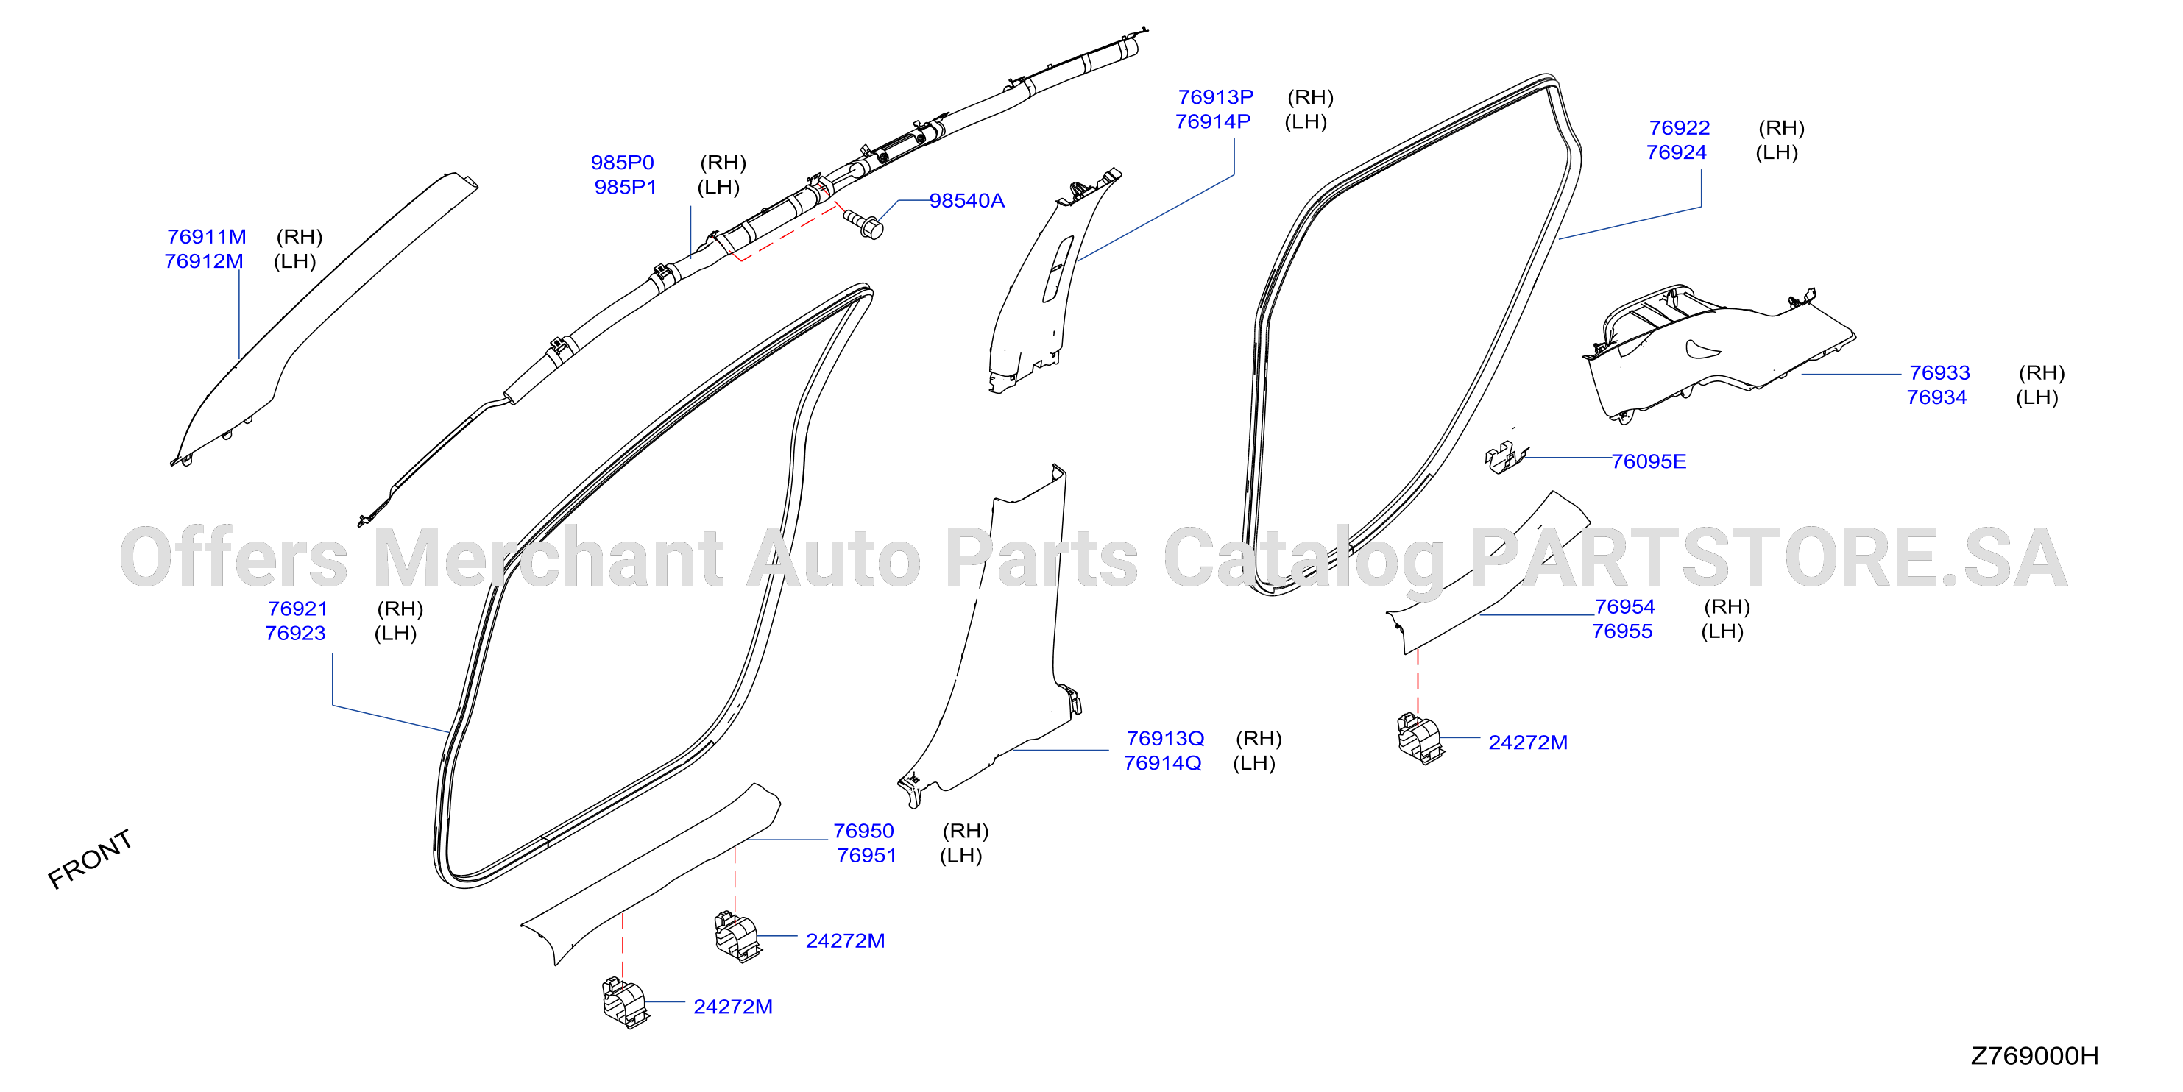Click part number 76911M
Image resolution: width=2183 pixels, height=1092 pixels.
click(206, 236)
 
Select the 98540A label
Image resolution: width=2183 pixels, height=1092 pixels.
click(967, 201)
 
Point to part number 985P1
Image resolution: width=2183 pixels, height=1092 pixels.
click(626, 186)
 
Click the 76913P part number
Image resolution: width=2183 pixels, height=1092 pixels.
click(1215, 96)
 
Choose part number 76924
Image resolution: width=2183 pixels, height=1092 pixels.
click(1676, 152)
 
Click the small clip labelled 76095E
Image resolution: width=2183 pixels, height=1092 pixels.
click(1506, 458)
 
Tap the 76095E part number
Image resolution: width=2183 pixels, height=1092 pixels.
click(1648, 461)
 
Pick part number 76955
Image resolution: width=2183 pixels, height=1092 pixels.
click(1622, 631)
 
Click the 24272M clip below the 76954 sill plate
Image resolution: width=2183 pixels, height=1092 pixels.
click(1420, 738)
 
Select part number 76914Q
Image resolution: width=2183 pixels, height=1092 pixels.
click(1163, 763)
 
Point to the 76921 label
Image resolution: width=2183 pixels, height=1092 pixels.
click(297, 609)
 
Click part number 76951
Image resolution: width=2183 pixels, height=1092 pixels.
click(866, 856)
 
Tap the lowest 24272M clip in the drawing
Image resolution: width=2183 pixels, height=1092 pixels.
click(625, 1002)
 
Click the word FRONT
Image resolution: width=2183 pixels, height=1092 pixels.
click(90, 859)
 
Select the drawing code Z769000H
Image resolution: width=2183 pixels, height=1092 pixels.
click(2035, 1055)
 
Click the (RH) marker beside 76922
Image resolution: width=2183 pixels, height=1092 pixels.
click(1781, 128)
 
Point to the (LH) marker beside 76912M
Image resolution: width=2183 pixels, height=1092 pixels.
click(295, 261)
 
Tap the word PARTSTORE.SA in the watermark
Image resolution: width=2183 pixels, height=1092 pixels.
click(1769, 558)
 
